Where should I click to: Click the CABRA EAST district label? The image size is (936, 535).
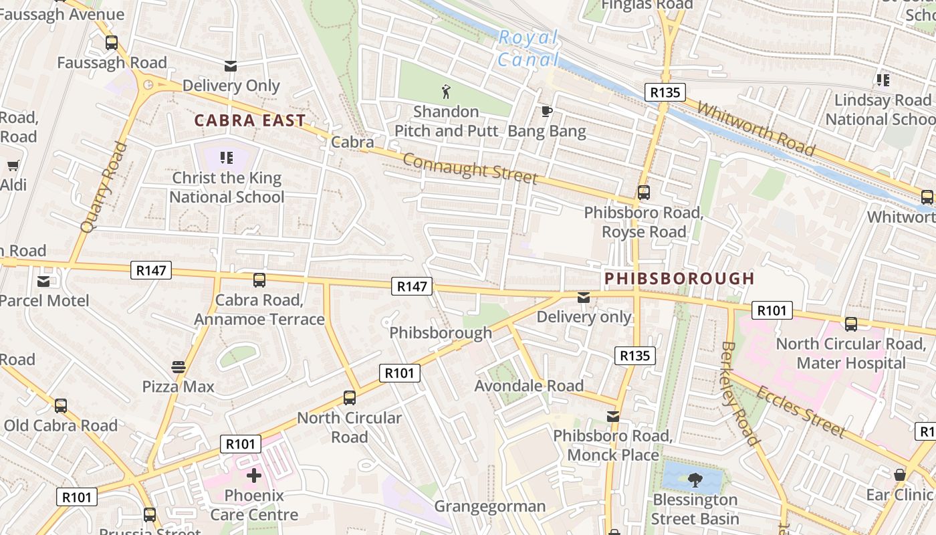[x=249, y=121]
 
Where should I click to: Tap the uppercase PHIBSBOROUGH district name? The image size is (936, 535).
[x=679, y=278]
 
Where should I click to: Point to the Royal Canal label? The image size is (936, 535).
[x=528, y=48]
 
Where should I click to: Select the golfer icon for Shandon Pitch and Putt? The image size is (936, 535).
[x=446, y=91]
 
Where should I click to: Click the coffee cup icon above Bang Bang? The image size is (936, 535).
[x=546, y=111]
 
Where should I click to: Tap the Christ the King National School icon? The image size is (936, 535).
[x=227, y=158]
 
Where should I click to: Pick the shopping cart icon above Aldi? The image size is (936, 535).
[x=13, y=165]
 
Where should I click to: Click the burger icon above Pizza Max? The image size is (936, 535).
[x=178, y=366]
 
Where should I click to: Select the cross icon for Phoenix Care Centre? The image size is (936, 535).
[x=253, y=475]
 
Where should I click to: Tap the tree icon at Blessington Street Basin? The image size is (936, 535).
[x=695, y=479]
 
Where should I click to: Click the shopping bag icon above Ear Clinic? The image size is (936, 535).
[x=899, y=475]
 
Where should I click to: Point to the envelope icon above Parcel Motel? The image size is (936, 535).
[x=43, y=281]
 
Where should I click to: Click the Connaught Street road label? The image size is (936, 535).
[x=470, y=168]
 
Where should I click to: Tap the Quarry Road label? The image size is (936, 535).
[x=103, y=187]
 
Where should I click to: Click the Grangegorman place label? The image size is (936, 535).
[x=490, y=506]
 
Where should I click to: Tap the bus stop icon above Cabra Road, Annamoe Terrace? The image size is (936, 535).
[x=259, y=280]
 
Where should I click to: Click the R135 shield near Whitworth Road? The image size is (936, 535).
[x=665, y=92]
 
